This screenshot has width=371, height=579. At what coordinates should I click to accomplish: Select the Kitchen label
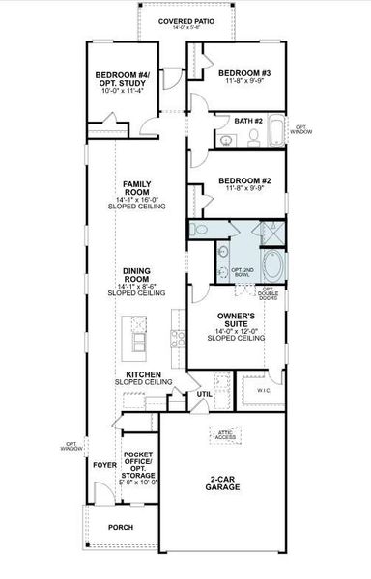click(142, 377)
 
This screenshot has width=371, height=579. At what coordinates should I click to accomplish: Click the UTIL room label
click(204, 394)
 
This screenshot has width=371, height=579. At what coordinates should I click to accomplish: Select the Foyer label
click(103, 463)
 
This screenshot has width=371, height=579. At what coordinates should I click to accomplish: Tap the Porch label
click(121, 527)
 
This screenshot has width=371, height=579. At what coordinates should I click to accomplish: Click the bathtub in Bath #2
click(276, 130)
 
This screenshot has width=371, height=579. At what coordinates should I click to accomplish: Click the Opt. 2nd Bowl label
click(242, 273)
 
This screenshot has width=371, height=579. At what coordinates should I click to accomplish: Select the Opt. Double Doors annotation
click(269, 294)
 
